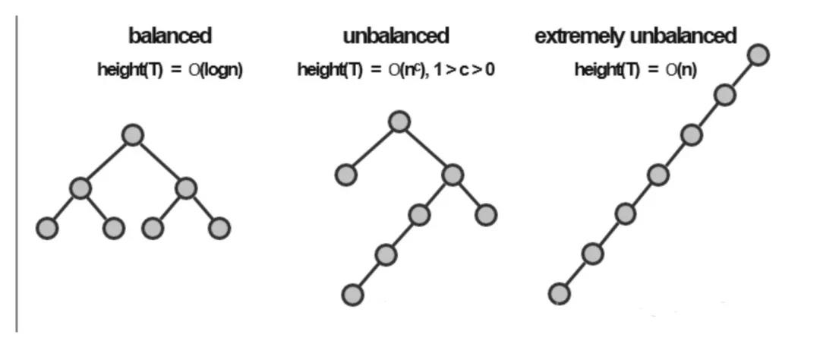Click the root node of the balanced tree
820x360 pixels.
point(133,135)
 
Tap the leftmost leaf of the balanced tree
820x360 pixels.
point(47,229)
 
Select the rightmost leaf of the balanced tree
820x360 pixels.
point(219,228)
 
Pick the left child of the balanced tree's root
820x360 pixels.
point(80,188)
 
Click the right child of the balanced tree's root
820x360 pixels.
point(186,188)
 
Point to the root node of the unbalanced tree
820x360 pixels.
point(399,122)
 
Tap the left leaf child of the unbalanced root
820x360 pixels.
point(345,175)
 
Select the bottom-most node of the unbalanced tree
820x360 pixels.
point(352,295)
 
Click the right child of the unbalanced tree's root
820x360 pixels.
point(453,175)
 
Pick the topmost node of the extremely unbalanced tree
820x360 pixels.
point(758,55)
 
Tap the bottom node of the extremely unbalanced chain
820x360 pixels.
point(559,294)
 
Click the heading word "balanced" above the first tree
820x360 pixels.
point(170,36)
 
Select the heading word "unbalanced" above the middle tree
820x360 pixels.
point(396,36)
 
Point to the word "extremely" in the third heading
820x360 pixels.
point(579,36)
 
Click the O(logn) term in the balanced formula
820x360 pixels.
point(216,70)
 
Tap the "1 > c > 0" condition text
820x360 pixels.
point(464,69)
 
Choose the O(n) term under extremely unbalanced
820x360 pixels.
point(681,70)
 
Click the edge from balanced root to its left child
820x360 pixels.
point(107,161)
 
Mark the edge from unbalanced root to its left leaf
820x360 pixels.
point(373,148)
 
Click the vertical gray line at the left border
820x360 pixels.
point(17,174)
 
